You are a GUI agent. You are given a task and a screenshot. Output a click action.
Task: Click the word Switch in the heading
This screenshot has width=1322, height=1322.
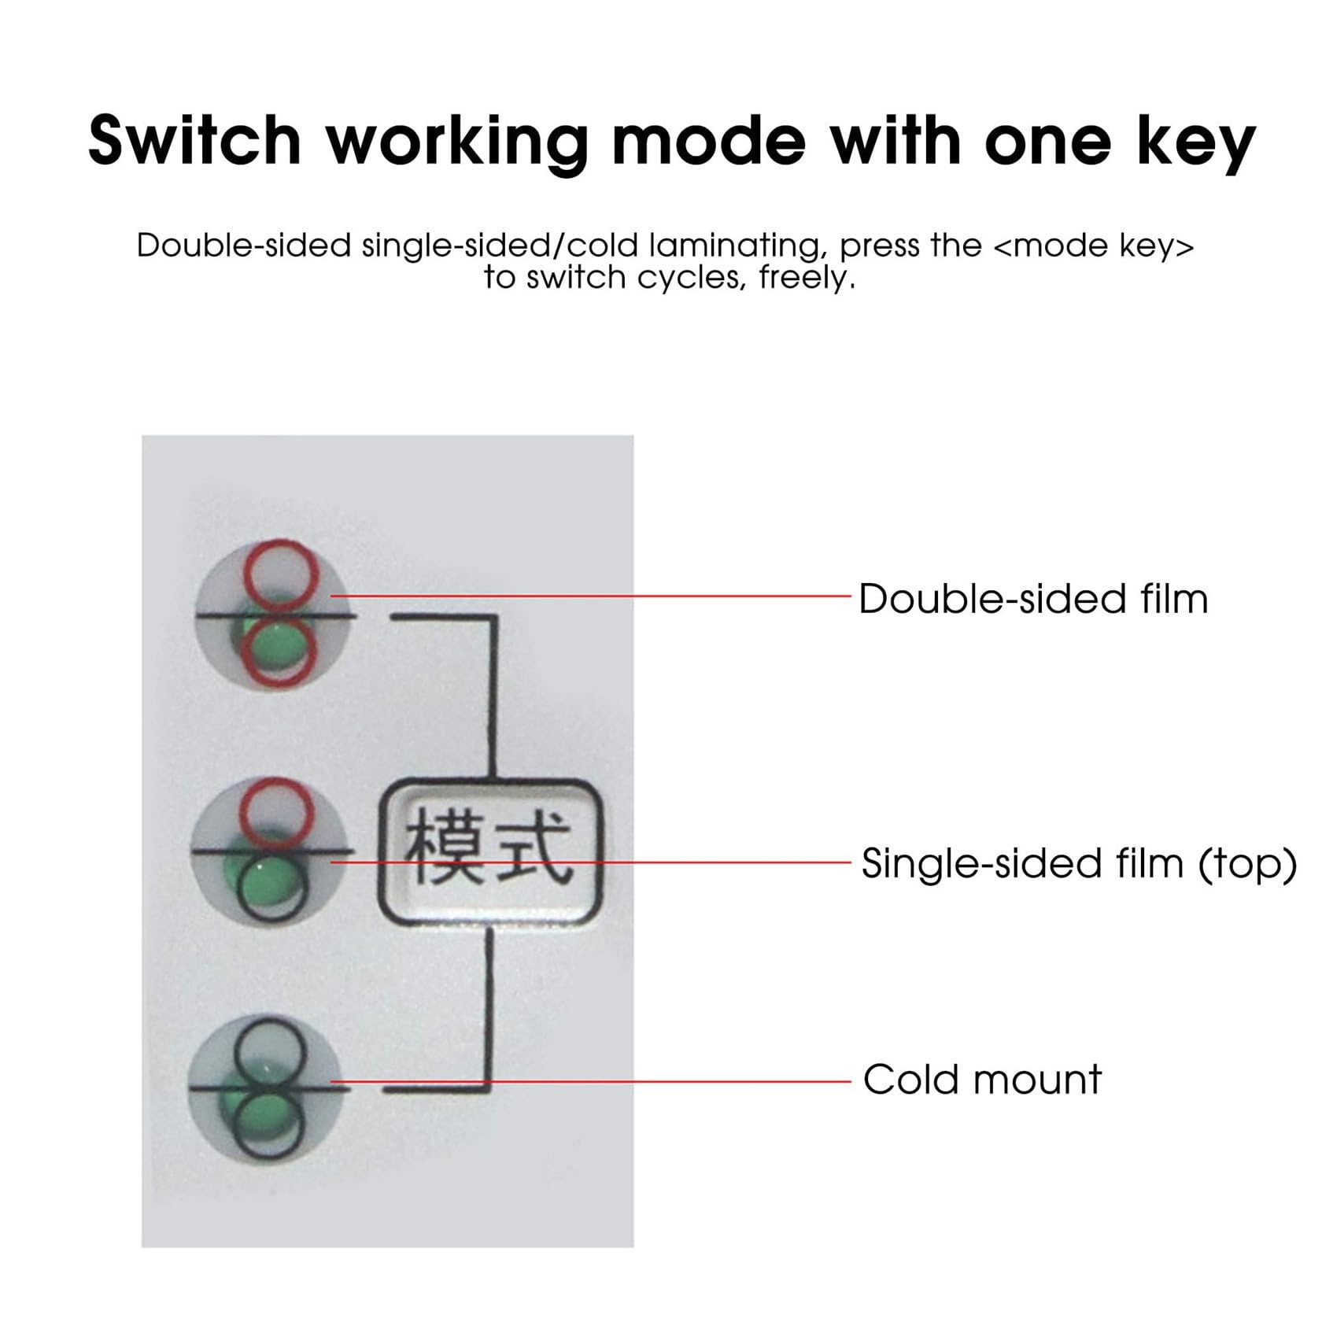coord(194,140)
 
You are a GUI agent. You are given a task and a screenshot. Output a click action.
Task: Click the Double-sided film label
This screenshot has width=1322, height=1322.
coord(1033,599)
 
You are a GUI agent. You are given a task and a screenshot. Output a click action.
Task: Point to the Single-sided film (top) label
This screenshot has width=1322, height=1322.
coord(1079,864)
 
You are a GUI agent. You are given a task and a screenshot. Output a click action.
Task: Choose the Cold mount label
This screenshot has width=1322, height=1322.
coord(982,1079)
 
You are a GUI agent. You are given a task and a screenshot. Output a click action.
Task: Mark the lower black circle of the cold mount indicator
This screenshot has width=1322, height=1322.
coord(268,1126)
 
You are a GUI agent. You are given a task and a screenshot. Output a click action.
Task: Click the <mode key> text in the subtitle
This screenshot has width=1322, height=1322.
coord(1094,246)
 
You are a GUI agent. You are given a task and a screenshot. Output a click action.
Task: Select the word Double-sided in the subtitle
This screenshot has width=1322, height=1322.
coord(244,246)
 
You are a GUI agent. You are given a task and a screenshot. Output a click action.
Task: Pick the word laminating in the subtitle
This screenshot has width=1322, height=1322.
coord(737,247)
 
